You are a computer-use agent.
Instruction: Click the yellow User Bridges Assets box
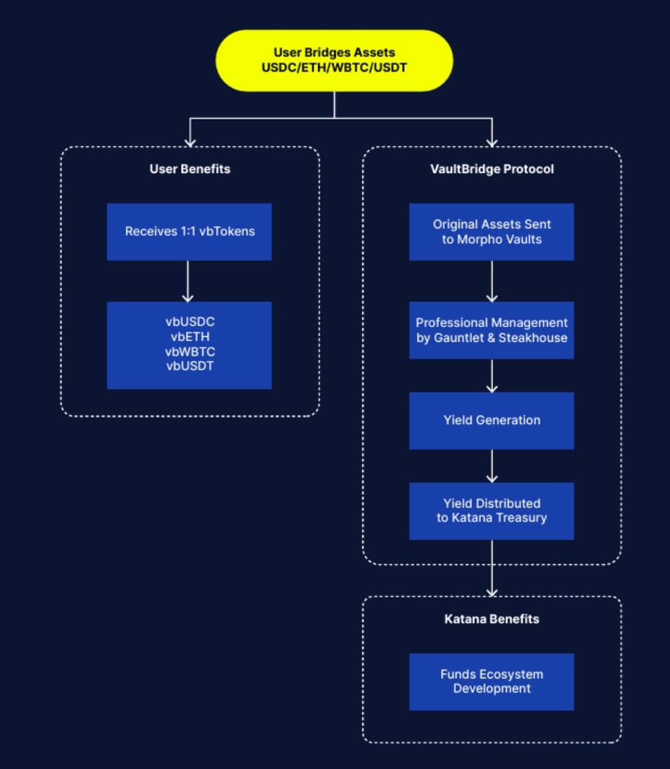[x=334, y=60]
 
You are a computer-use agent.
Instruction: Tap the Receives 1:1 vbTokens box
[x=189, y=231]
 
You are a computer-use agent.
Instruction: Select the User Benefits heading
[x=190, y=169]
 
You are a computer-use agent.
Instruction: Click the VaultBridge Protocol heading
[x=492, y=169]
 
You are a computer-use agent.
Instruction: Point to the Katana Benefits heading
[x=492, y=619]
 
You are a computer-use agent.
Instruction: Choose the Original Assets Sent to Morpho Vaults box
[x=492, y=231]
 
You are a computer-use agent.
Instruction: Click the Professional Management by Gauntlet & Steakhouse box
[x=492, y=330]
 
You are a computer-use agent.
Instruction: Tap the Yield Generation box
[x=492, y=420]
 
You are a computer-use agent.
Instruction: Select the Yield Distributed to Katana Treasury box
[x=492, y=510]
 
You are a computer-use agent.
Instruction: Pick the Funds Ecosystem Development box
[x=492, y=681]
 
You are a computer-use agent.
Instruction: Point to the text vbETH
[x=190, y=337]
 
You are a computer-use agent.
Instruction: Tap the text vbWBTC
[x=190, y=351]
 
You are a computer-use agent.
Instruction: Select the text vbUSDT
[x=190, y=365]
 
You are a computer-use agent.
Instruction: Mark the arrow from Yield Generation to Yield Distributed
[x=492, y=466]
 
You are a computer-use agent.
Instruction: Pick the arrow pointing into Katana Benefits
[x=492, y=569]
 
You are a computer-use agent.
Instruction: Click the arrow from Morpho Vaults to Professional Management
[x=492, y=281]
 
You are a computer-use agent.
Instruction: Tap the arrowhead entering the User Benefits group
[x=190, y=141]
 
